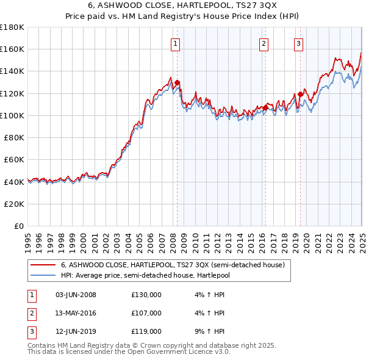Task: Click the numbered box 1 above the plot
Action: click(x=175, y=43)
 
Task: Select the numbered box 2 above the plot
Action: click(x=264, y=43)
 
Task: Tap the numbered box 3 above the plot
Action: click(x=298, y=43)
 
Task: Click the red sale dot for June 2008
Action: click(x=177, y=83)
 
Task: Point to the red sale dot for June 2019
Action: click(x=300, y=95)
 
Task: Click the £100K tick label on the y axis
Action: click(x=13, y=115)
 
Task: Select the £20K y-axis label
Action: click(x=15, y=204)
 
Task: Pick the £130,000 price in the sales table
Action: click(x=146, y=295)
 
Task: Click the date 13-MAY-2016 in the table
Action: click(x=76, y=314)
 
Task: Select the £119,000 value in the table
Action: click(x=146, y=332)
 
